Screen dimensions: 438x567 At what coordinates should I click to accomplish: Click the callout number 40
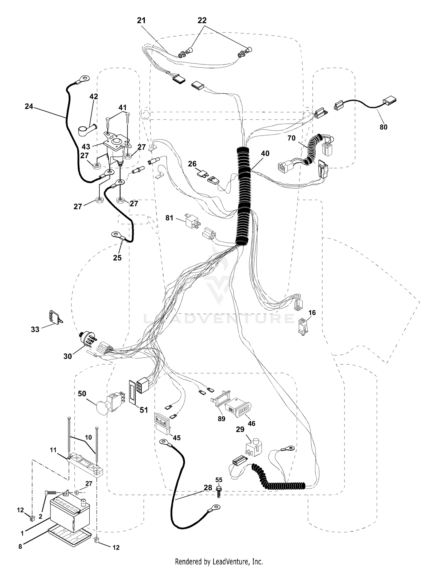click(x=265, y=154)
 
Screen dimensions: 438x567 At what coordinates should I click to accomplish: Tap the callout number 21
click(x=141, y=20)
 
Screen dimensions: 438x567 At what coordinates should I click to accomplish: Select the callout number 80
click(x=383, y=127)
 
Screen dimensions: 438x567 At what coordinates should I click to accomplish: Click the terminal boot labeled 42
click(x=87, y=129)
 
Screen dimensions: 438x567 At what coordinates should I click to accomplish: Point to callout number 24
click(x=29, y=107)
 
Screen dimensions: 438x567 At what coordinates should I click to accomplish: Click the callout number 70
click(x=291, y=138)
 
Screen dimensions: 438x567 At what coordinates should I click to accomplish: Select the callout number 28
click(x=208, y=487)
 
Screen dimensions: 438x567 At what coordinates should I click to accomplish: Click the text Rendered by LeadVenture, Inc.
click(x=219, y=561)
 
